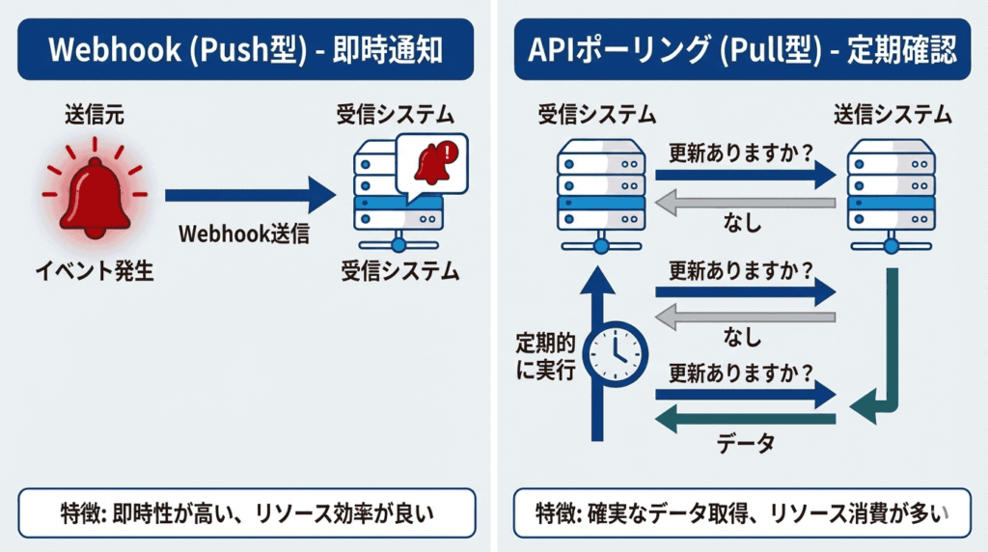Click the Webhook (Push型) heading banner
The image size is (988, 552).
246,50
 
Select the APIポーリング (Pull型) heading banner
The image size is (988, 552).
742,50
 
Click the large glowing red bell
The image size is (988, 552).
94,194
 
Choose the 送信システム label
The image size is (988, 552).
892,116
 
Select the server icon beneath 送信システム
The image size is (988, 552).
892,193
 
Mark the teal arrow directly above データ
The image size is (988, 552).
745,417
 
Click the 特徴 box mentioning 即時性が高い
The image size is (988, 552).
246,512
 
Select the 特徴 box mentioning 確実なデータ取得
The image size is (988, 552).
742,512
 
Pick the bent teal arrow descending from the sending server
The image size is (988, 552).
888,357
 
